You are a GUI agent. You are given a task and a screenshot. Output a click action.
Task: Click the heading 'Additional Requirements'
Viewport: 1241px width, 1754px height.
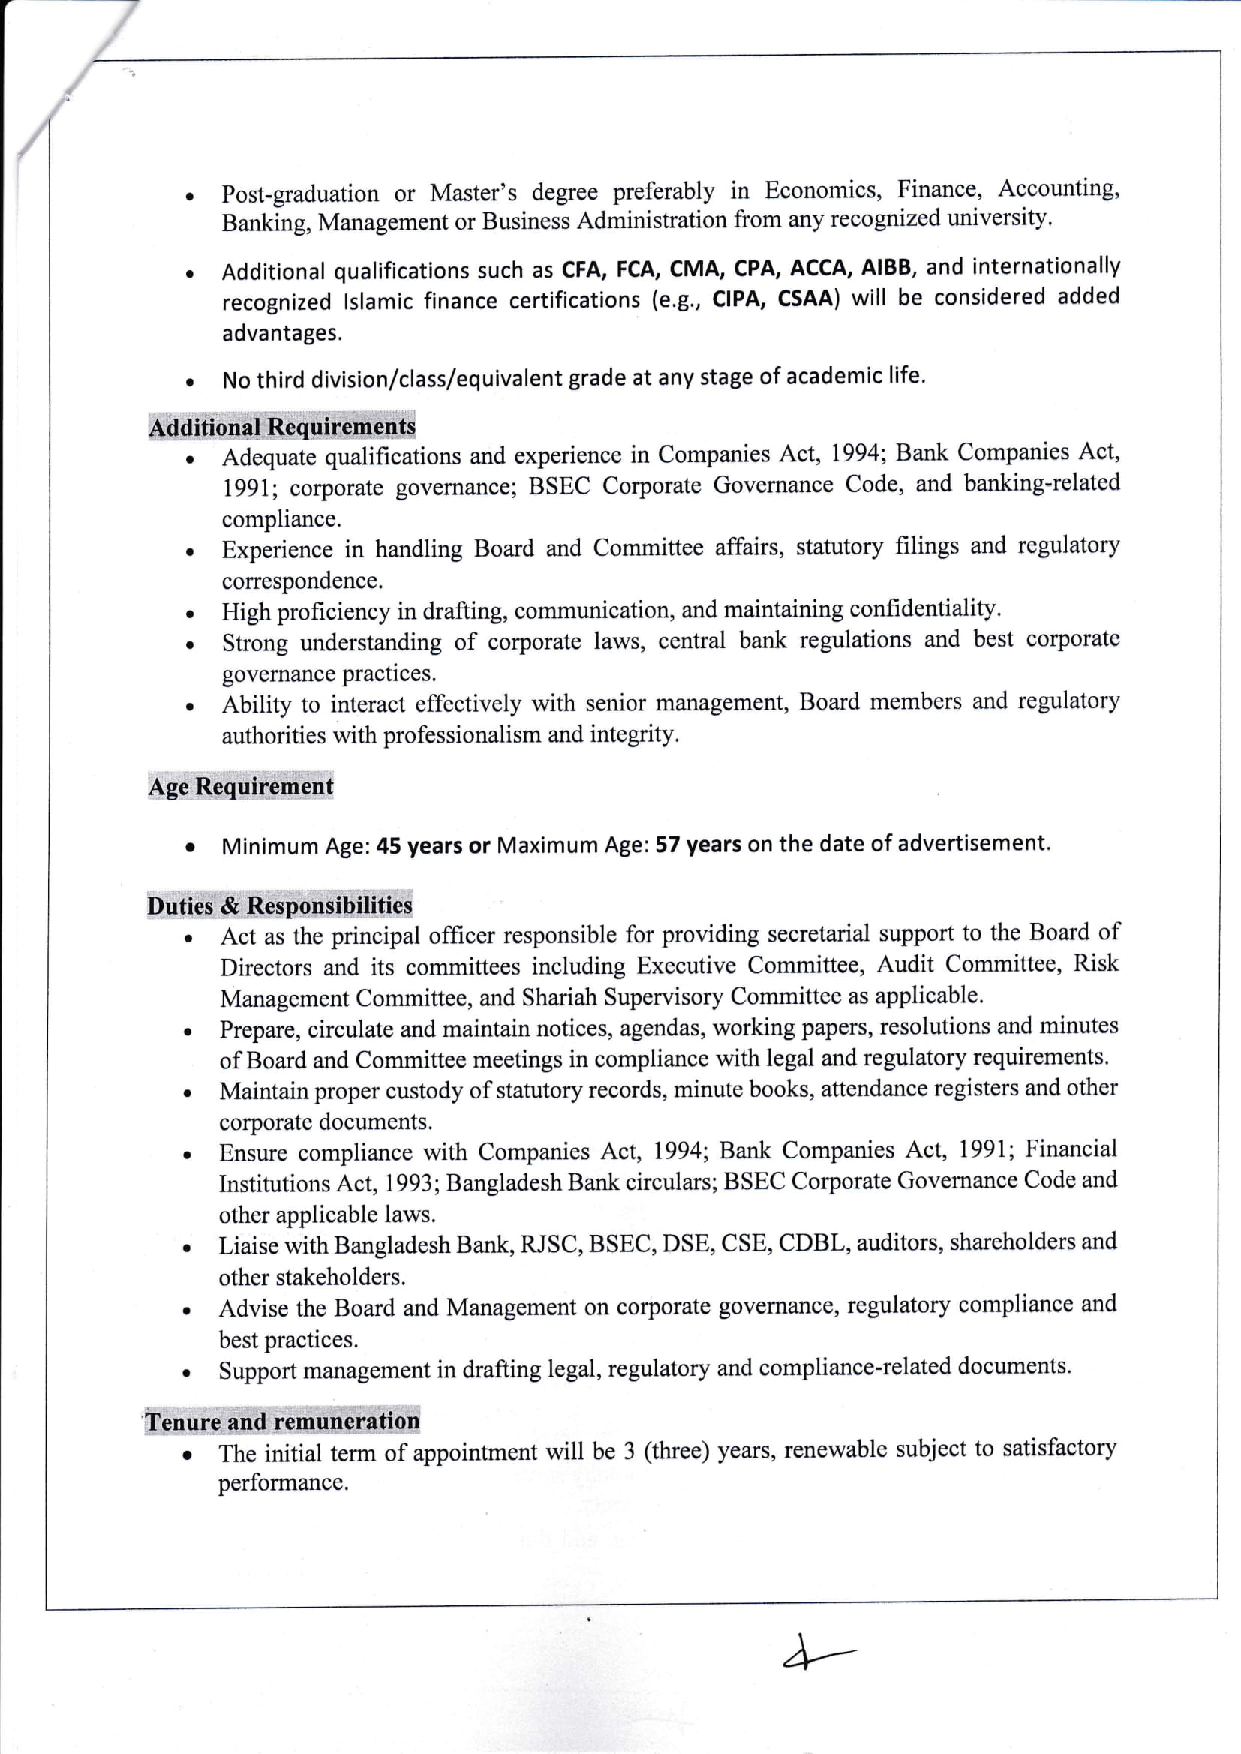coord(282,426)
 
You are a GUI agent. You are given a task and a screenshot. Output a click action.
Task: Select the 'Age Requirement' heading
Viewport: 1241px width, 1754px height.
coord(241,786)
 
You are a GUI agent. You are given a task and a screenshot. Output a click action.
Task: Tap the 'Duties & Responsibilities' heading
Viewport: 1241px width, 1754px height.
coord(280,906)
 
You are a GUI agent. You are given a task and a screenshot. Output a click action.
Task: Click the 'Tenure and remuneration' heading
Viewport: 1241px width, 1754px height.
coord(282,1421)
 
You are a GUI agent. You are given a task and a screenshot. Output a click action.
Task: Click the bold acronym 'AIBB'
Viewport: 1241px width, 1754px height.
coord(886,267)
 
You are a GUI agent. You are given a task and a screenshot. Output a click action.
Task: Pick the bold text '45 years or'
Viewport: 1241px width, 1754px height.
coord(433,845)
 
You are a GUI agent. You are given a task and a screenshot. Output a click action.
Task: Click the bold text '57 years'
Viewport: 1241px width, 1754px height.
coord(698,844)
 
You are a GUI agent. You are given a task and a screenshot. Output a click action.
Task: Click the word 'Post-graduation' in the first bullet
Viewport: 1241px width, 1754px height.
coord(299,194)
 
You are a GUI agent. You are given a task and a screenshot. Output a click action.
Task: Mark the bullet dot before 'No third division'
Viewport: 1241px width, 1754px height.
coord(188,380)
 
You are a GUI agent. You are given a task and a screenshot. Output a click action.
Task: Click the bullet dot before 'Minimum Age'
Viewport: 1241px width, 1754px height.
coord(188,846)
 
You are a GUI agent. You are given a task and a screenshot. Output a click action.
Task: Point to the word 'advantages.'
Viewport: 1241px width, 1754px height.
coord(282,333)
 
